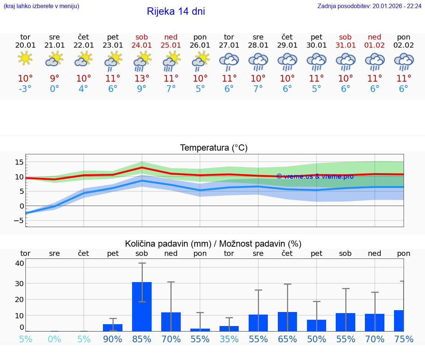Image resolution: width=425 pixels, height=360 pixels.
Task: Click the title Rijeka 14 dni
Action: coord(176,11)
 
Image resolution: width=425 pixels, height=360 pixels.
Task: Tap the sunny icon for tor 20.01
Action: coord(25,58)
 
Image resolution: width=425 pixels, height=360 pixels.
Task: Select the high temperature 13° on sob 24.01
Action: coord(142,79)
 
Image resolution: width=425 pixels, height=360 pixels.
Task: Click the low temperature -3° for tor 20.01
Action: coord(25,89)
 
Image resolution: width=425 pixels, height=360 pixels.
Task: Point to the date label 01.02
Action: coord(374,45)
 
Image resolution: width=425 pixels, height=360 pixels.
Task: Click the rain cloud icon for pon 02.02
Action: coord(404,61)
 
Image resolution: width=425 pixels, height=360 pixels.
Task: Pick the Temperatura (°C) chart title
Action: coord(214,148)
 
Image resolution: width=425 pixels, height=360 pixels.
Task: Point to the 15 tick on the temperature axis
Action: coord(19,162)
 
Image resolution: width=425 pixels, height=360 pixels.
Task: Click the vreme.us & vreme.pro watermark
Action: coord(315,176)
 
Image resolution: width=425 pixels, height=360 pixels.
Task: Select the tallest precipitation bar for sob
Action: coord(142,306)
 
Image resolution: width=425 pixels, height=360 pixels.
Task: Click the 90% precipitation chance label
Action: coord(113,339)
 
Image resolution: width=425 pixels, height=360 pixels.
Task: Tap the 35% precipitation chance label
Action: coord(229,339)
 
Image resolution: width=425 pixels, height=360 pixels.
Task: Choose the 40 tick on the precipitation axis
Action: coord(20,263)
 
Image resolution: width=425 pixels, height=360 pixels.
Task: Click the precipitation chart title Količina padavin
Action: coord(213,244)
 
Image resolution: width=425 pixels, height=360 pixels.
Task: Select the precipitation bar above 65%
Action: coord(287,322)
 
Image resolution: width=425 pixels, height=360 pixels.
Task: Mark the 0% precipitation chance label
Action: coord(54,339)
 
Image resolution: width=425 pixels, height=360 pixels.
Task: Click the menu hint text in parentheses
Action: coord(41,6)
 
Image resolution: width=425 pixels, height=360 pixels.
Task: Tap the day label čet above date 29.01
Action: coord(287,37)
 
